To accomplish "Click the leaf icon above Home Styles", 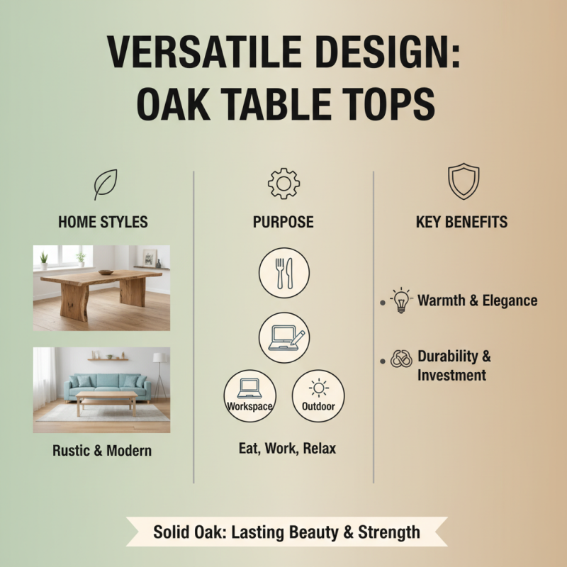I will [105, 184].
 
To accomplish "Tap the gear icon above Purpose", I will [283, 183].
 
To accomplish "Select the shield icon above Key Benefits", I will [464, 181].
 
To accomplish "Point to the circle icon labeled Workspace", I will [249, 395].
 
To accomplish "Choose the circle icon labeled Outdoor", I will [318, 395].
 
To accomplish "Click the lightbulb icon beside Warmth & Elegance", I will [401, 301].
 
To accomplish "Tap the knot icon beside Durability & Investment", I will [401, 359].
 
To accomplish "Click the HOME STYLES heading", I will [103, 222].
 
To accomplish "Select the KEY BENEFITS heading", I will [461, 222].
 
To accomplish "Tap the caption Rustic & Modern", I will [102, 451].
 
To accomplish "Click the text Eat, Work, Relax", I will [286, 448].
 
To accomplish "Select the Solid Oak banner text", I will [286, 532].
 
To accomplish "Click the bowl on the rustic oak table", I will [106, 271].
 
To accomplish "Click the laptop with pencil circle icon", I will [283, 337].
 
